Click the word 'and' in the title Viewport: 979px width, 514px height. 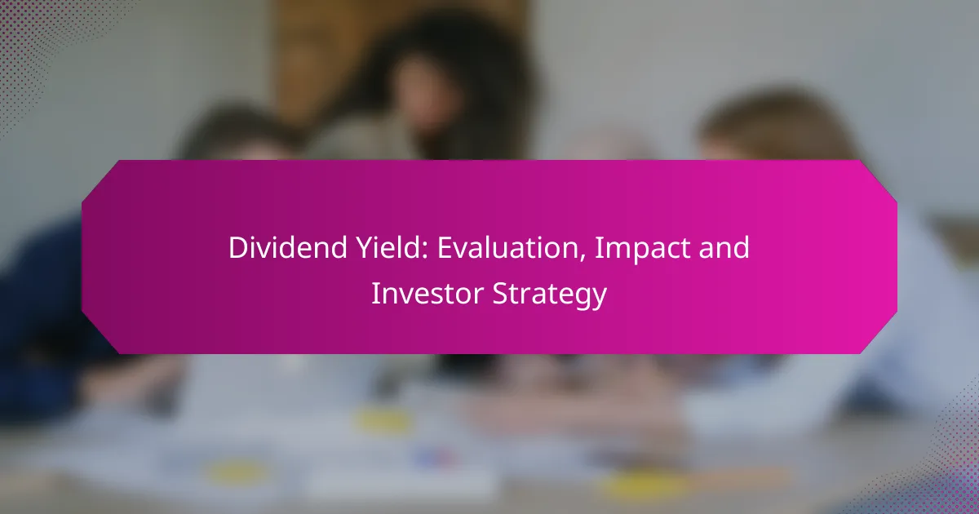(724, 247)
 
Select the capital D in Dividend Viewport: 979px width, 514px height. (238, 248)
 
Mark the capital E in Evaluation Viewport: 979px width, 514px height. (445, 248)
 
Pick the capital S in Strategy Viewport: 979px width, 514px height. (500, 293)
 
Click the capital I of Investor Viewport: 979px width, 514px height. (375, 293)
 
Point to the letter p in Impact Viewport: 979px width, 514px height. (636, 253)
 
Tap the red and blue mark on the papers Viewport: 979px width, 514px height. (434, 458)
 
